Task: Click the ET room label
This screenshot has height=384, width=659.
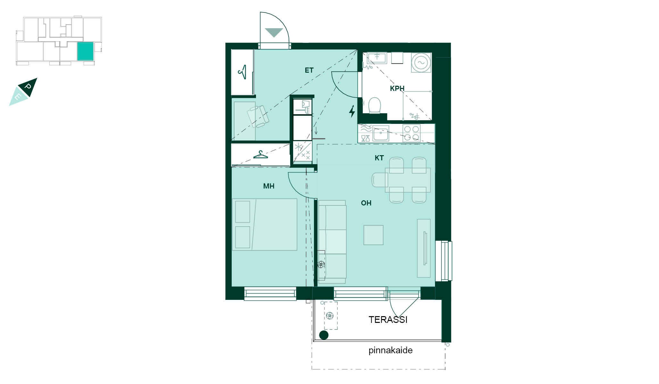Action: pyautogui.click(x=309, y=70)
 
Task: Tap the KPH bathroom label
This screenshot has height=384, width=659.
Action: pyautogui.click(x=397, y=89)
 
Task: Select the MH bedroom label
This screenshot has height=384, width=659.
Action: pyautogui.click(x=268, y=186)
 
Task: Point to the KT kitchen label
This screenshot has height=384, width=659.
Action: pyautogui.click(x=379, y=158)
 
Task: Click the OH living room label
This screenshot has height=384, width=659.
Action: pyautogui.click(x=366, y=203)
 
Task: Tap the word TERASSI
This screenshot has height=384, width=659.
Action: pyautogui.click(x=388, y=320)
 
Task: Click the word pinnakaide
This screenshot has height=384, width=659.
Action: pyautogui.click(x=390, y=350)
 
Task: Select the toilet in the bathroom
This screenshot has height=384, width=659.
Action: pyautogui.click(x=375, y=105)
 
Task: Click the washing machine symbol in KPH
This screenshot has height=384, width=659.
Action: pyautogui.click(x=421, y=63)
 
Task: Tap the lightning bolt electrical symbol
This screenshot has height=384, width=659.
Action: pyautogui.click(x=352, y=111)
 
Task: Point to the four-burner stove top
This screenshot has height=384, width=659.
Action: pyautogui.click(x=411, y=133)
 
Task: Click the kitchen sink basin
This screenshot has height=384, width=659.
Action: pyautogui.click(x=381, y=133)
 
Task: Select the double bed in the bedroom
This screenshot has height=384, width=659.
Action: pyautogui.click(x=265, y=224)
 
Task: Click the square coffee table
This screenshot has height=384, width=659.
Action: pyautogui.click(x=373, y=235)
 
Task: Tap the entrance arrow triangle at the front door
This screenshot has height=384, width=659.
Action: pyautogui.click(x=274, y=33)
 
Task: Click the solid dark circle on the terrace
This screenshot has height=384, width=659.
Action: pyautogui.click(x=324, y=335)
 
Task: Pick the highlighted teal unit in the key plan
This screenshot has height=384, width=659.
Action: pyautogui.click(x=85, y=51)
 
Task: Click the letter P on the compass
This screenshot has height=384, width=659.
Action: pyautogui.click(x=28, y=87)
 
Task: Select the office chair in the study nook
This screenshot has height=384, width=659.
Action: pyautogui.click(x=258, y=117)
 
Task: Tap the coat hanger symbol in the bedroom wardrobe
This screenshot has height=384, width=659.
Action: pyautogui.click(x=260, y=155)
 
